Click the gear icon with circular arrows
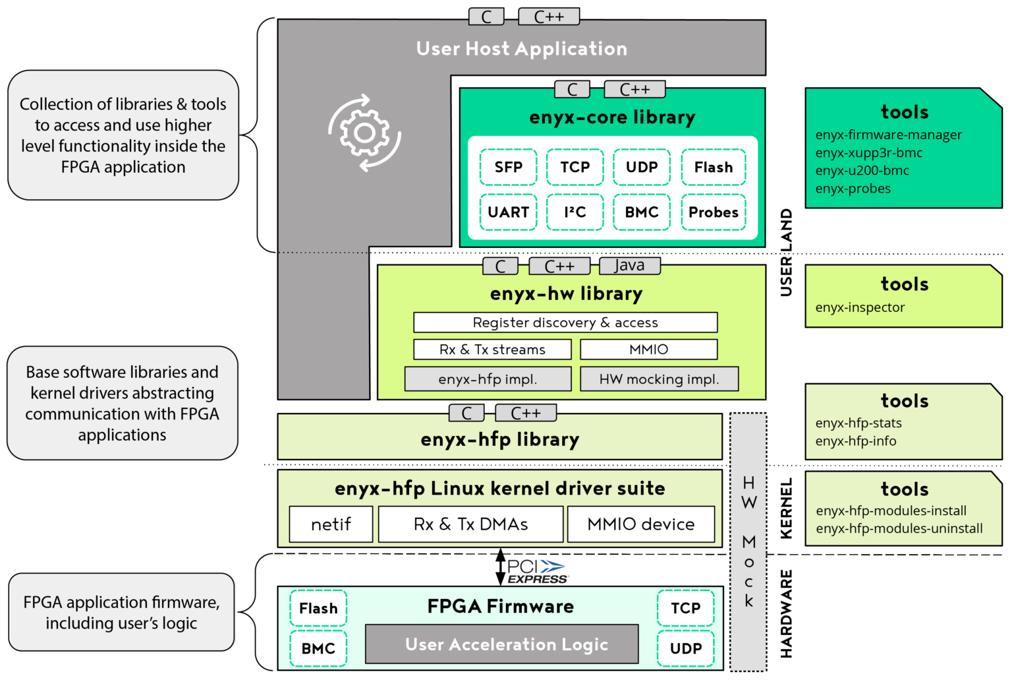click(x=364, y=133)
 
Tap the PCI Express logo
click(x=538, y=571)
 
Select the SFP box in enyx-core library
click(x=508, y=167)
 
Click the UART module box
click(x=508, y=212)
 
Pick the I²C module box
click(x=575, y=212)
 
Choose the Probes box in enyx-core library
click(x=713, y=212)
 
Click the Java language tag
click(x=629, y=266)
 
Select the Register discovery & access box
click(x=565, y=323)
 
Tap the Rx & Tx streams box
click(x=492, y=350)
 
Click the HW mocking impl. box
click(x=659, y=379)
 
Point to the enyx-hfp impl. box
click(x=488, y=379)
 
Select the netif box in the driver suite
click(x=331, y=524)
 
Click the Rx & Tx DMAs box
click(x=470, y=524)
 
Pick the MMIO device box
click(x=640, y=524)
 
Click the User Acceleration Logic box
click(x=502, y=644)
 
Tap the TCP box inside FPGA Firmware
click(x=685, y=608)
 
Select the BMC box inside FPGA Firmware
click(x=318, y=648)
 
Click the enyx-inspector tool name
click(x=860, y=307)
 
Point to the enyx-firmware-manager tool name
click(x=888, y=135)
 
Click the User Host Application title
click(x=521, y=49)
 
